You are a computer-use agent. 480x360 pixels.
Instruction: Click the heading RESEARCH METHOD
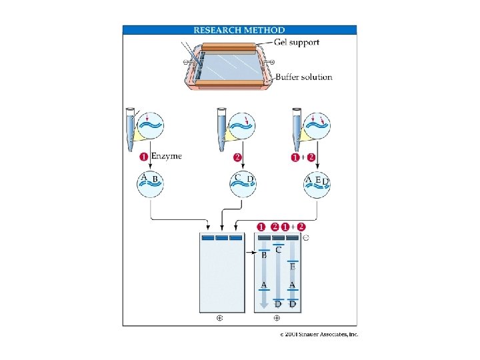coord(239,30)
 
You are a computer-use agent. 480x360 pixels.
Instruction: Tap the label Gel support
coord(297,42)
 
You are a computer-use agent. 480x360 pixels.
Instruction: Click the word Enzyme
coord(166,156)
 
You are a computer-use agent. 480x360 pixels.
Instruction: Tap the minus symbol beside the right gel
coord(306,237)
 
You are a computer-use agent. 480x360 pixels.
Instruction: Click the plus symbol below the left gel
coord(219,319)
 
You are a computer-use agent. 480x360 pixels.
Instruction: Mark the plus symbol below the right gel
coord(277,319)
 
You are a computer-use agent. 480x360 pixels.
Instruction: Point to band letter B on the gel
coord(264,255)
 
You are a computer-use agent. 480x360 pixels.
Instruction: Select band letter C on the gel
coord(279,249)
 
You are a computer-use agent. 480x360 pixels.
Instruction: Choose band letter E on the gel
coord(293,266)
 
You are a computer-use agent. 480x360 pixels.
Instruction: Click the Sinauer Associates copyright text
coord(319,334)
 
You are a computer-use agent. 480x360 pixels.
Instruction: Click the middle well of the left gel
coord(219,238)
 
